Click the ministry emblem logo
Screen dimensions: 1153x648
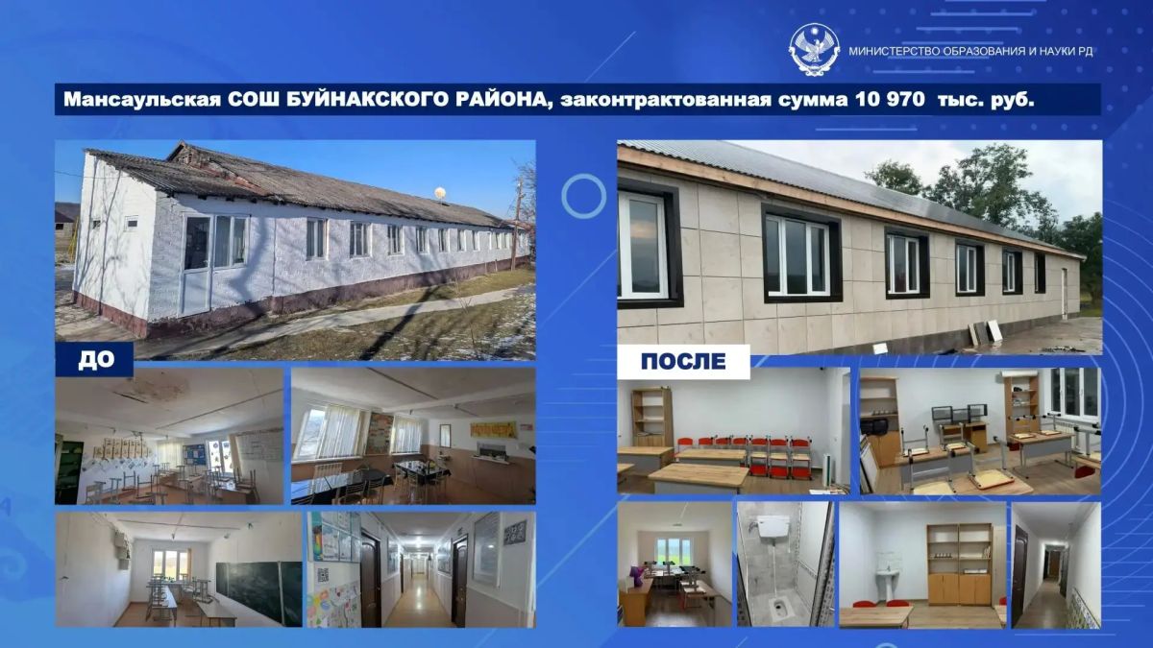click(x=814, y=50)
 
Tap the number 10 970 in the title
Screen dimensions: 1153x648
click(x=890, y=99)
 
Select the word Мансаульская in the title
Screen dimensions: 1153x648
click(x=142, y=99)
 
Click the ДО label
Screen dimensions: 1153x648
click(x=96, y=360)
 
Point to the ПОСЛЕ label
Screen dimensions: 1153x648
click(x=683, y=361)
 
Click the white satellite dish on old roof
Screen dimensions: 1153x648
click(x=440, y=193)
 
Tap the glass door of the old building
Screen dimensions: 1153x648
click(x=197, y=265)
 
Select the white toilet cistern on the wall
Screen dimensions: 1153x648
click(x=773, y=527)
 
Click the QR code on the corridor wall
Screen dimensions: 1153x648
click(x=323, y=574)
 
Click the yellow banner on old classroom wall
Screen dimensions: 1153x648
click(x=493, y=429)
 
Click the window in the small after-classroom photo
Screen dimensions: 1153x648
click(x=674, y=551)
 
